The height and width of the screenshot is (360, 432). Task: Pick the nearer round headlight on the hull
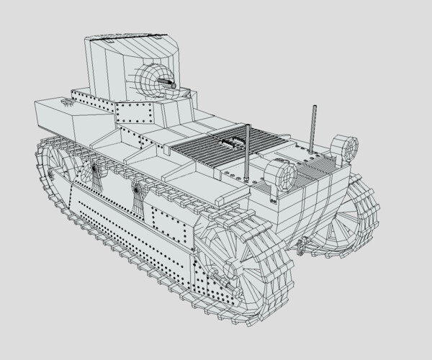pos(279,174)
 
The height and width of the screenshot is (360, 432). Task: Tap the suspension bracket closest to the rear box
pos(93,173)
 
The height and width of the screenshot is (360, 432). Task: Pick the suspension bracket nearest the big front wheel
pos(137,192)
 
